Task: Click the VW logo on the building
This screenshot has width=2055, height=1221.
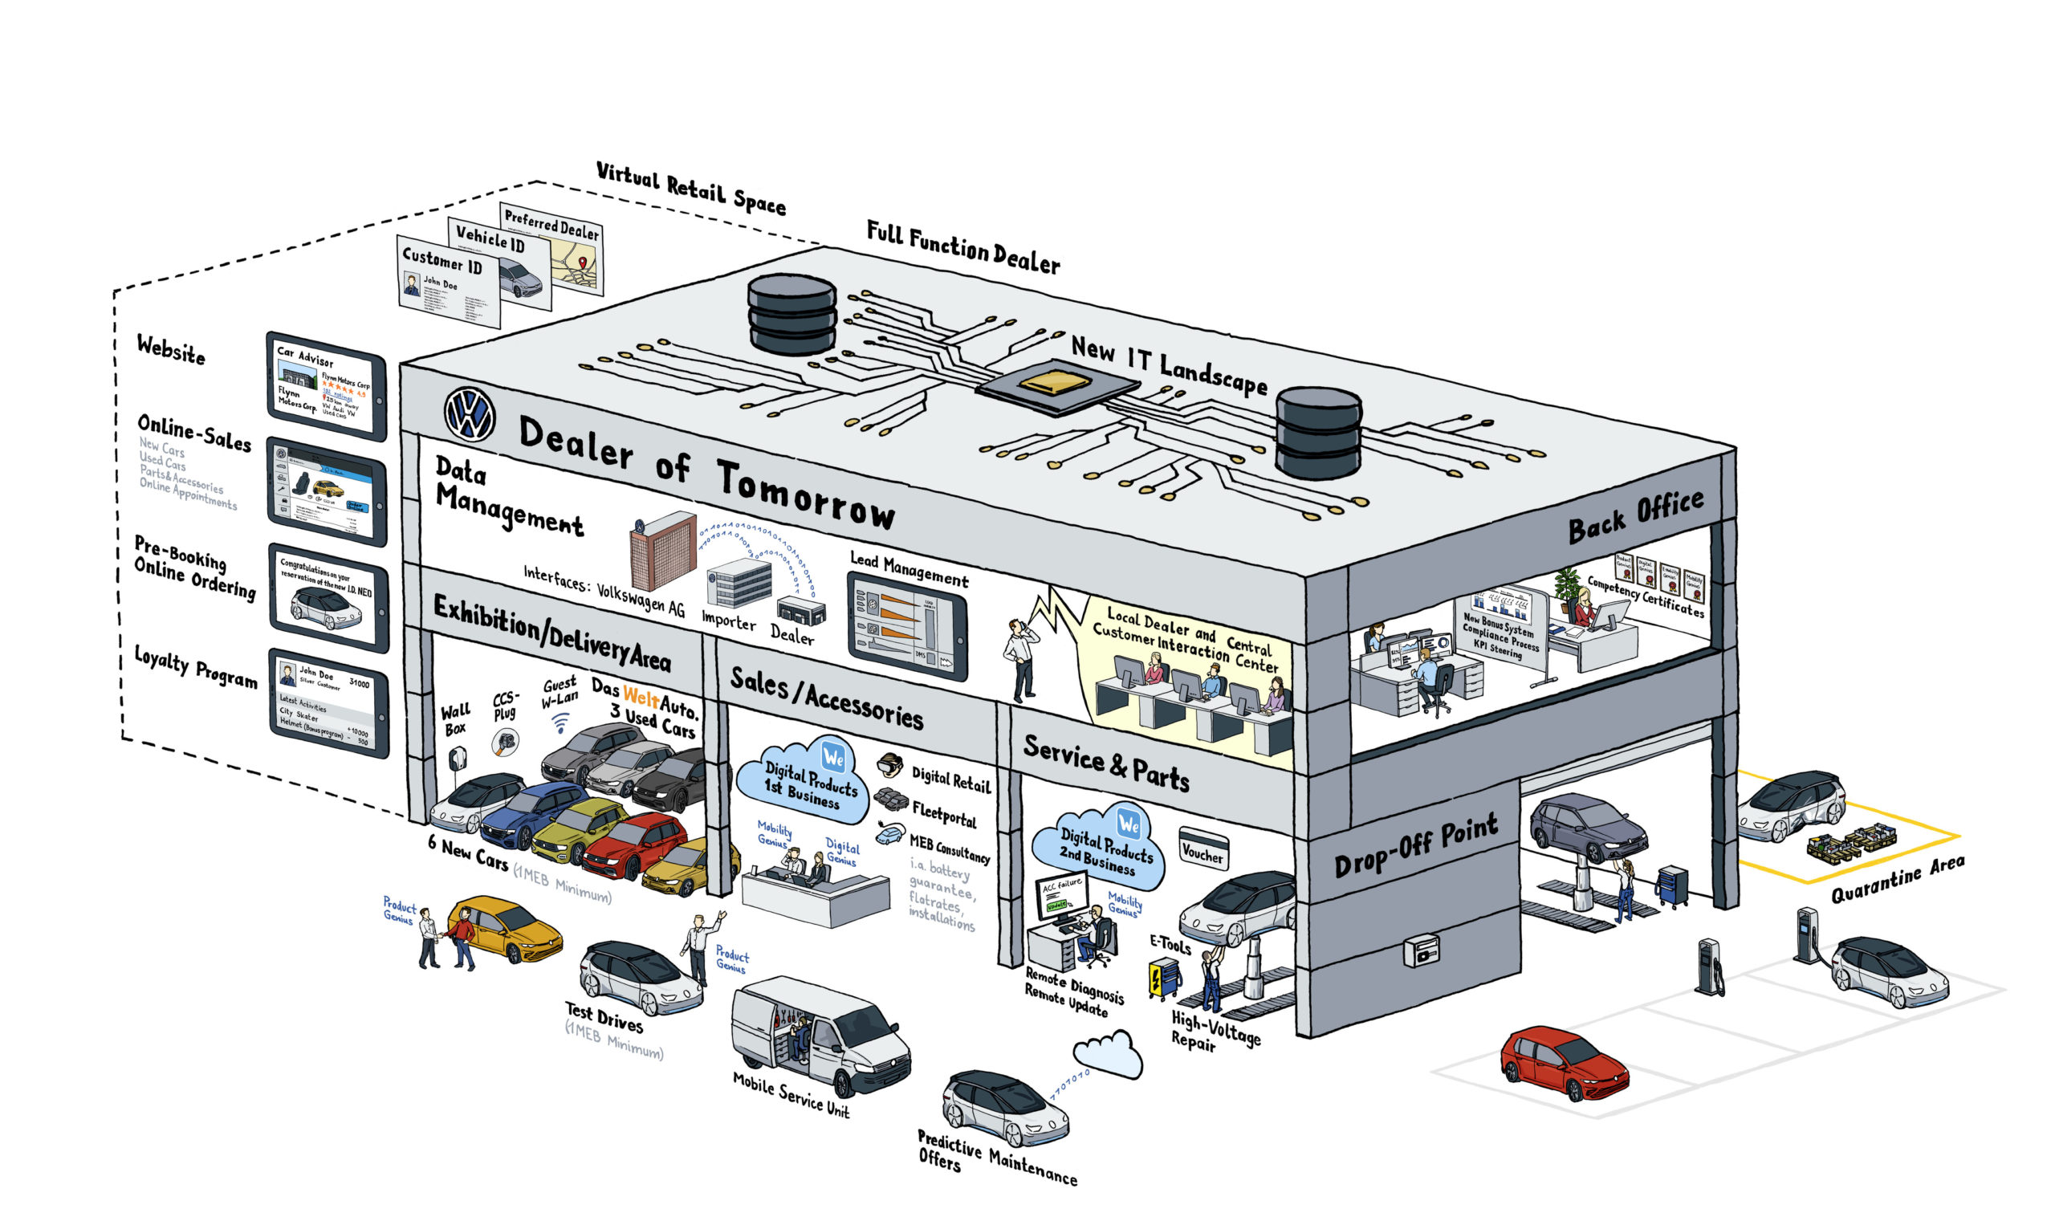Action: (x=469, y=414)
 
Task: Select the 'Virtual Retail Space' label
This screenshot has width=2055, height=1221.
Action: (x=690, y=188)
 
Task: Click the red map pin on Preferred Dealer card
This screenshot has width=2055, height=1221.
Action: (x=583, y=263)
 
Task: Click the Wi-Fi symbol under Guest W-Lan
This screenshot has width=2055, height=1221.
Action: (x=560, y=724)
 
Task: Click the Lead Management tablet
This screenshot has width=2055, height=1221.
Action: (x=906, y=625)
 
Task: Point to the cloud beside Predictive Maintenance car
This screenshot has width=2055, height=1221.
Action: (x=1109, y=1056)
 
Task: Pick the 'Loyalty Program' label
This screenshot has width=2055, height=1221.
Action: (x=196, y=666)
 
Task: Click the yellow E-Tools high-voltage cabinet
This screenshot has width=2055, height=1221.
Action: (x=1163, y=979)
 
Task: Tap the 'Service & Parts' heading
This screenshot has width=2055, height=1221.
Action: (x=1105, y=763)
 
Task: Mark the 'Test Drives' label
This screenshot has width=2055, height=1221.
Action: (x=604, y=1017)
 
